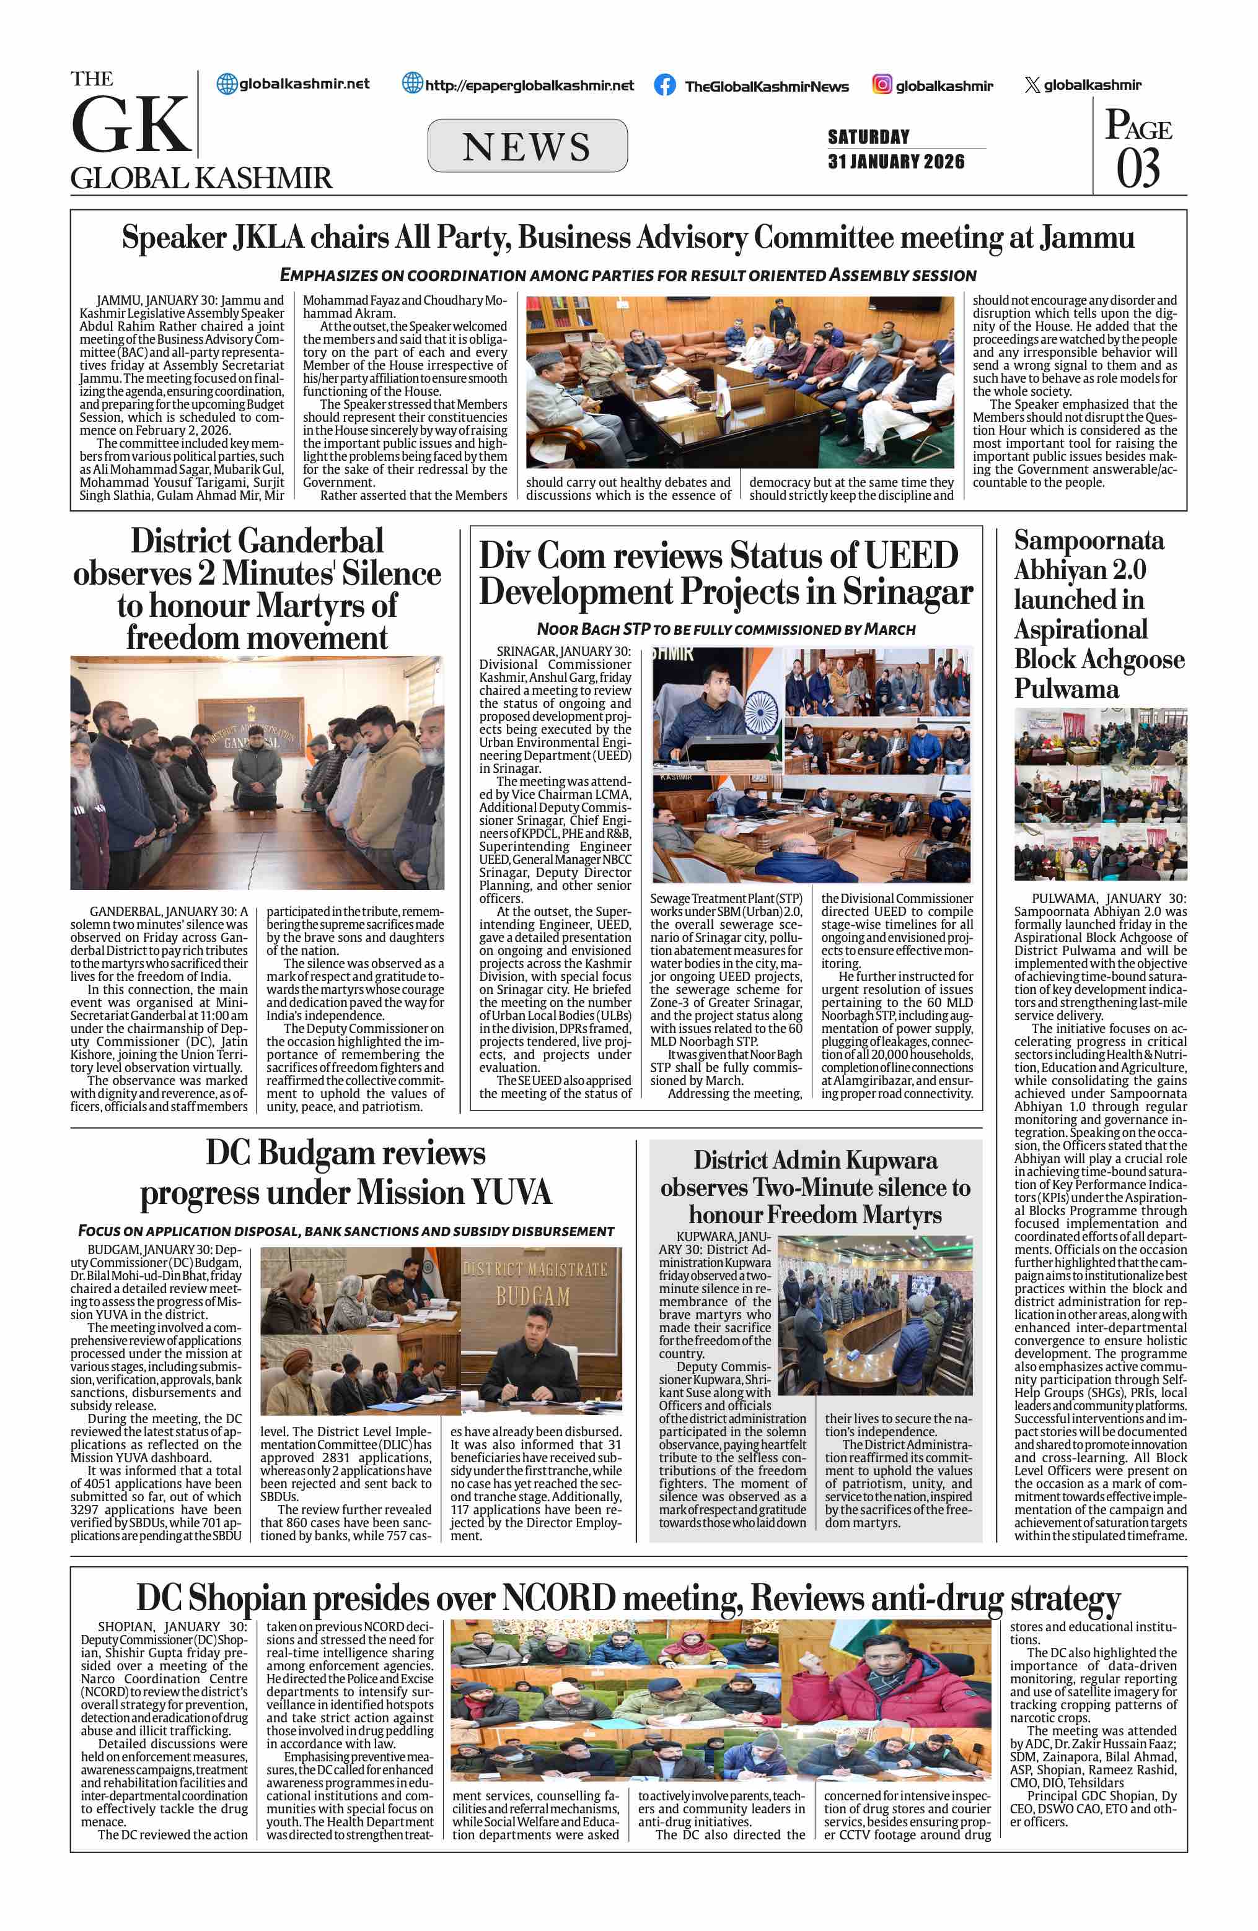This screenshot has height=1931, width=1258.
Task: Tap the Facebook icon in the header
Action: tap(665, 85)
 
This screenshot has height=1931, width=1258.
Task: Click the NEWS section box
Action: tap(527, 146)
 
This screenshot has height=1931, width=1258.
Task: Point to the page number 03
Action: tap(1138, 168)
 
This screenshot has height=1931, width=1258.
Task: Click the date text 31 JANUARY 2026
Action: tap(896, 162)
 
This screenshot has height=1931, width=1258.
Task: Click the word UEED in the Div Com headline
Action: tap(912, 556)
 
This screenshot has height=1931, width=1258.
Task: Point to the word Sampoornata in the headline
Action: tap(1088, 541)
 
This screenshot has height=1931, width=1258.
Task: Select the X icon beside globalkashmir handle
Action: tap(1032, 84)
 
